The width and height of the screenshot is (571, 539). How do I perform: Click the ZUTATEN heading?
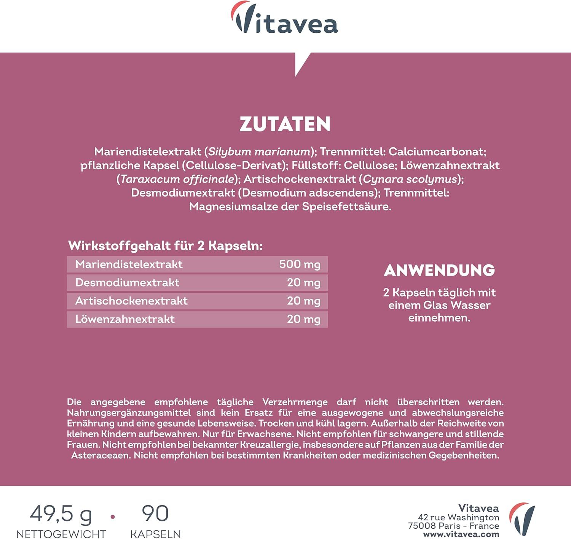tap(285, 124)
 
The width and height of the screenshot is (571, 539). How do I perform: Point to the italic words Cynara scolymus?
tap(410, 179)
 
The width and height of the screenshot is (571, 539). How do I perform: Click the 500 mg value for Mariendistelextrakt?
tap(300, 264)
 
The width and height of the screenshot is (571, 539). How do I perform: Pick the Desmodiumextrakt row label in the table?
tap(127, 282)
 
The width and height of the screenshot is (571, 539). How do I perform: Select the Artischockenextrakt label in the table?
tap(131, 301)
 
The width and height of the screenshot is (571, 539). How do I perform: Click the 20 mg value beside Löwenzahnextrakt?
tap(303, 319)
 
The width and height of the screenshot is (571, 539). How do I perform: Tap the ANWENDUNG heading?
tap(439, 270)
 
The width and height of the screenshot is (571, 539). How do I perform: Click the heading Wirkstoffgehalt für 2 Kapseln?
tap(165, 246)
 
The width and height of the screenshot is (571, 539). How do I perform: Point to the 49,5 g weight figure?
tap(61, 514)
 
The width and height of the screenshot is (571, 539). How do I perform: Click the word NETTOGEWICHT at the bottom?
tap(61, 534)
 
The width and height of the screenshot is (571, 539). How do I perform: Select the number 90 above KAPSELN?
tap(155, 513)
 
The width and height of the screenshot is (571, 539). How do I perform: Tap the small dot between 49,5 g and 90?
tap(112, 517)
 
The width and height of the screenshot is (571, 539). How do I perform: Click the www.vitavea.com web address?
tap(461, 534)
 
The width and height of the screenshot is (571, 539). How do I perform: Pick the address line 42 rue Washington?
tap(458, 517)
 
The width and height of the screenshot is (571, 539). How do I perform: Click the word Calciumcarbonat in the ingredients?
tap(437, 151)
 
